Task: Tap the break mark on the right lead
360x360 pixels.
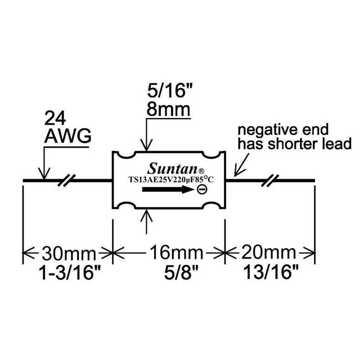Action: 272,181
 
